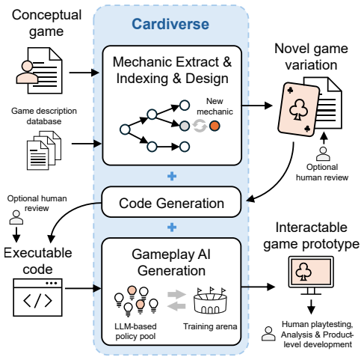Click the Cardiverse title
click(170, 24)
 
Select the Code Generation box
click(171, 202)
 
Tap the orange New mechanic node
click(215, 126)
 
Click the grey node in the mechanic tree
click(185, 126)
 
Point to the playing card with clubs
click(299, 109)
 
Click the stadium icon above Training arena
click(210, 301)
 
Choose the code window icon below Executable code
click(37, 297)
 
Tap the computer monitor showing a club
click(311, 275)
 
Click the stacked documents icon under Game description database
click(44, 150)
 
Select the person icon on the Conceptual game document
click(27, 73)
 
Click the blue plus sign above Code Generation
click(172, 176)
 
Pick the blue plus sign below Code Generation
click(172, 228)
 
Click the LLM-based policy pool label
click(135, 331)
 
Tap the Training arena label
click(210, 326)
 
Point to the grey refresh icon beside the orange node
click(200, 126)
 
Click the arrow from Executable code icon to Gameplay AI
click(83, 288)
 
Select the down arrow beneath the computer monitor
click(311, 307)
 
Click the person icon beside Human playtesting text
click(268, 334)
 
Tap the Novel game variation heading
click(311, 57)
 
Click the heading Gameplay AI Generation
click(171, 263)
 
